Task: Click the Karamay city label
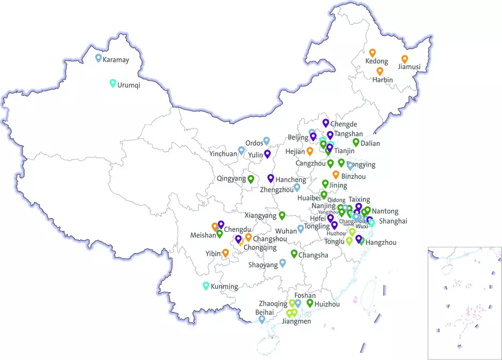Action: point(116,60)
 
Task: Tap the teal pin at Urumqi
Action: point(113,83)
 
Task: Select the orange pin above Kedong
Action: point(373,52)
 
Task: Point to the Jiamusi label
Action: point(409,67)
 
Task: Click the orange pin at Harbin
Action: point(380,71)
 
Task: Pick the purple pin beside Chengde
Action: point(325,123)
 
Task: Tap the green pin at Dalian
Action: point(356,142)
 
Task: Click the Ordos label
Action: point(254,143)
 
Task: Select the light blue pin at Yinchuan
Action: point(241,150)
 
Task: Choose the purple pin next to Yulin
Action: point(267,153)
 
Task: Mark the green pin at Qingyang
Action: point(250,179)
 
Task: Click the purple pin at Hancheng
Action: point(270,178)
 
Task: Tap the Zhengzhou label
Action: point(277,190)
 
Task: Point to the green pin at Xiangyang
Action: point(282,215)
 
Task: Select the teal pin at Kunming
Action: point(206,285)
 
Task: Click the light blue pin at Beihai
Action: point(261,319)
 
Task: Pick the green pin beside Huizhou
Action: point(310,303)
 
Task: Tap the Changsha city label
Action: point(313,255)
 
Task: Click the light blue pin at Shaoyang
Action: point(283,262)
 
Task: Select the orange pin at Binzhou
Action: point(336,174)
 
